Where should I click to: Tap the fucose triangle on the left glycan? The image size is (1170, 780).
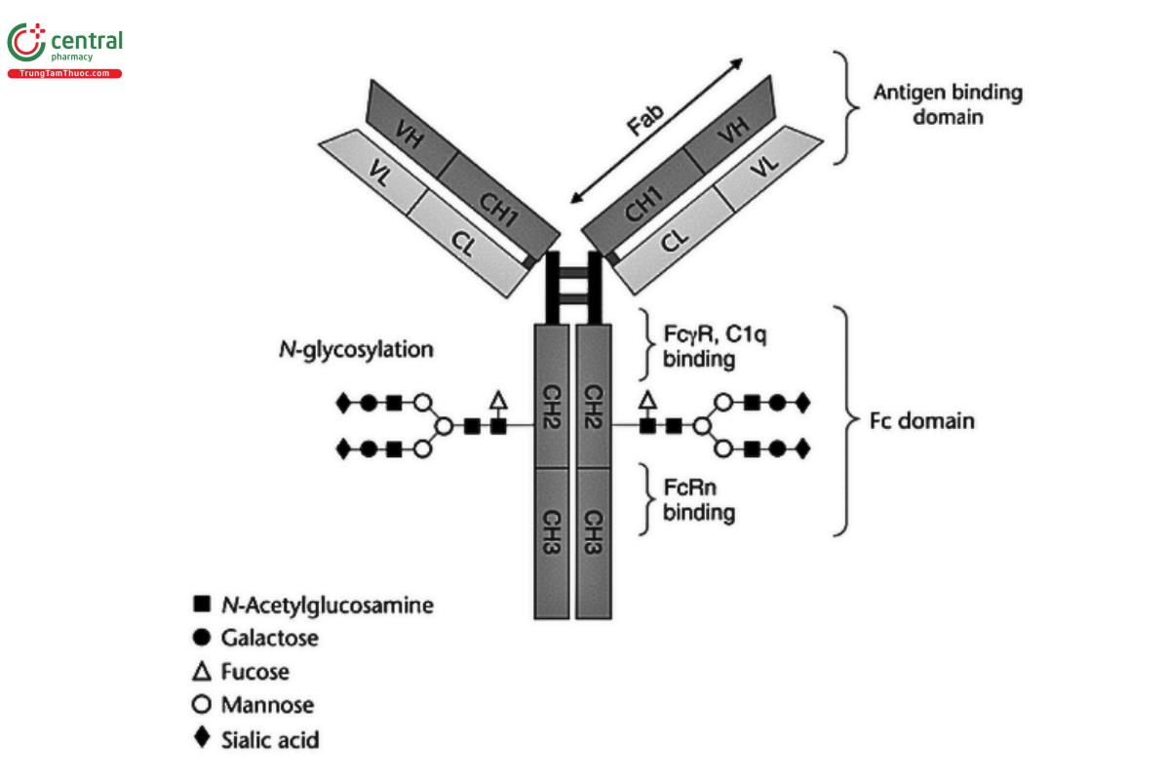(498, 399)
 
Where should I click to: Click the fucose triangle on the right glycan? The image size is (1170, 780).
(647, 399)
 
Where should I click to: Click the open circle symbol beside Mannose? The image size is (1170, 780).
(202, 704)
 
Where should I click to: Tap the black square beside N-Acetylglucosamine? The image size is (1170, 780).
(202, 604)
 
